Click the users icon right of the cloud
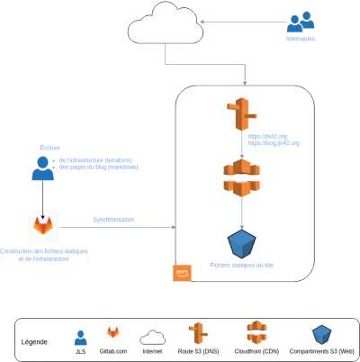[x=300, y=22]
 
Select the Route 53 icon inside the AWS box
[x=242, y=113]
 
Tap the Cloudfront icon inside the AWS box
[x=242, y=177]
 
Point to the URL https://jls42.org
[x=267, y=136]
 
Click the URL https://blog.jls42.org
[x=274, y=143]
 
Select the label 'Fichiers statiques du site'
[x=242, y=266]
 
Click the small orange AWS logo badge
[x=183, y=273]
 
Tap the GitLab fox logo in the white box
[x=43, y=224]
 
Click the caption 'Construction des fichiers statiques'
[x=44, y=251]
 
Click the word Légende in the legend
[x=34, y=342]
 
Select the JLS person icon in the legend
[x=80, y=337]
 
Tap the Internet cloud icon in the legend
[x=153, y=338]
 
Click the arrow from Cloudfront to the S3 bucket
[x=242, y=213]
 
